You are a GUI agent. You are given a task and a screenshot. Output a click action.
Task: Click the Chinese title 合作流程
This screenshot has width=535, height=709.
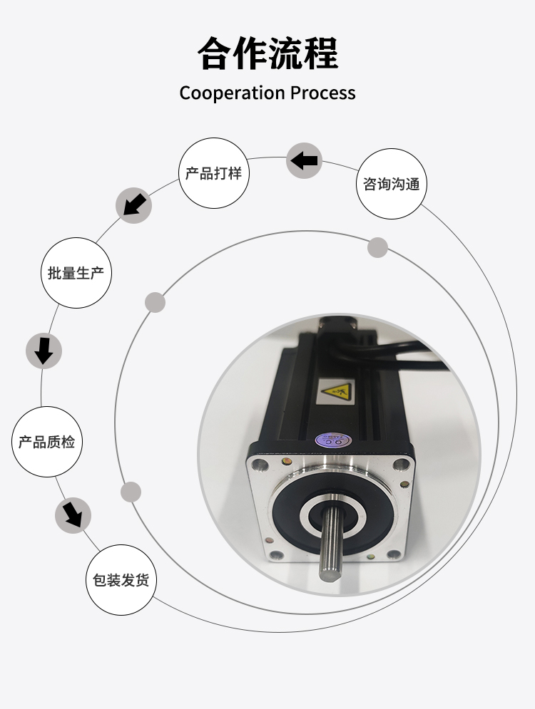click(x=267, y=53)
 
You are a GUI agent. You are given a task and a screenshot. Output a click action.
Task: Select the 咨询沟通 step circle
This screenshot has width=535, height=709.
click(x=391, y=184)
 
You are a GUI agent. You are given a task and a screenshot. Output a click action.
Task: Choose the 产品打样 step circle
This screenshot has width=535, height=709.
click(x=213, y=173)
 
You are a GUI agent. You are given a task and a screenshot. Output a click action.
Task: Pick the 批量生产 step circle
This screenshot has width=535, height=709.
click(x=77, y=272)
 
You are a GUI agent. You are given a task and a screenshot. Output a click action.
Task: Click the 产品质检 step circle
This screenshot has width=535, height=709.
click(x=47, y=442)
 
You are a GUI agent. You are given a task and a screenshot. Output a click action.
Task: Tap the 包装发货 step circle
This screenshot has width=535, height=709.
click(x=121, y=580)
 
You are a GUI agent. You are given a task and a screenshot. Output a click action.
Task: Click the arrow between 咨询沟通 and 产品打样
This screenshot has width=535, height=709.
click(x=305, y=160)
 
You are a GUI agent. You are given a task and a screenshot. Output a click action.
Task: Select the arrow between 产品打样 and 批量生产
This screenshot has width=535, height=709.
click(x=133, y=205)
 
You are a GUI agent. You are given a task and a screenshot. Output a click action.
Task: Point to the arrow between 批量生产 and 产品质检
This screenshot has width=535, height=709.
click(x=44, y=351)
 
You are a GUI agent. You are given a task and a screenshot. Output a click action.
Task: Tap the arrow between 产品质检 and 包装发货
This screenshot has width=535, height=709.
click(x=73, y=514)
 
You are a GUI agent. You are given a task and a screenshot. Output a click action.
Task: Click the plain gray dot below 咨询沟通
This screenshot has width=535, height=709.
click(x=377, y=248)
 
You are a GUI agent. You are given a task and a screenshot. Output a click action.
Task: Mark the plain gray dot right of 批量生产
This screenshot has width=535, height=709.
click(x=155, y=302)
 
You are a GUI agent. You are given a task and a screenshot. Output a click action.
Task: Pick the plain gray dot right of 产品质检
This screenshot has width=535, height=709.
click(x=131, y=492)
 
